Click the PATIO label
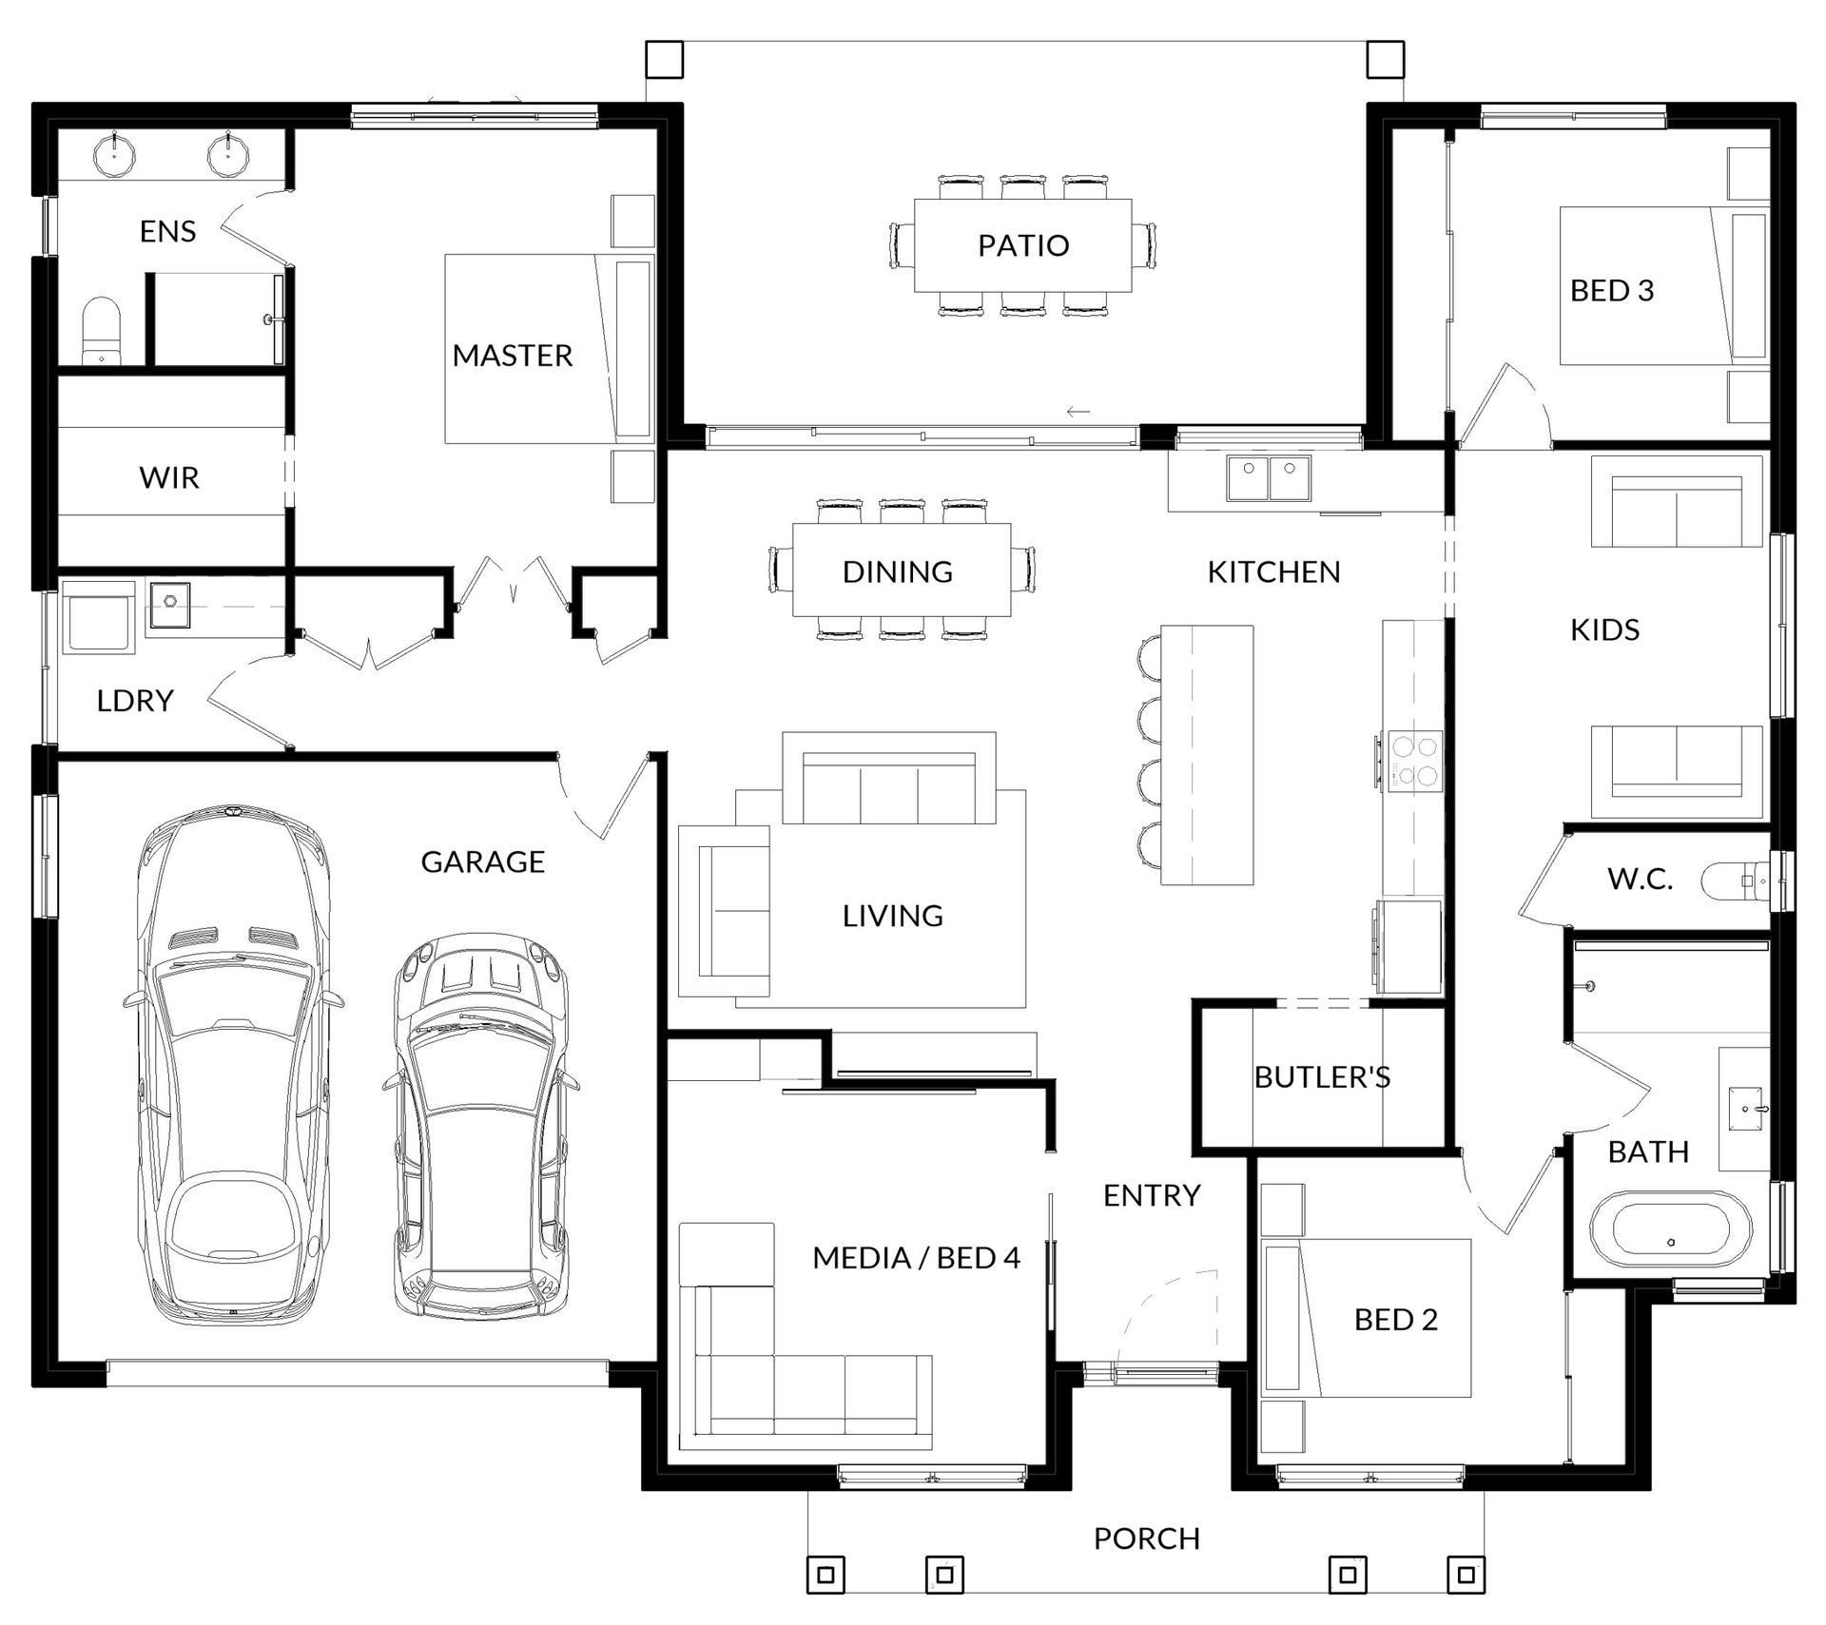click(1023, 245)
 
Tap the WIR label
click(169, 477)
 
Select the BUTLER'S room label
click(1322, 1076)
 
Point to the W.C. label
click(1640, 879)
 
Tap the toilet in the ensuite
click(101, 330)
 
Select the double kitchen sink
click(1269, 478)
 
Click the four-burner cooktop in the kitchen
click(1412, 762)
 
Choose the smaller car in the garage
click(481, 1126)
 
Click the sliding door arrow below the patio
click(1078, 412)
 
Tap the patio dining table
click(1022, 245)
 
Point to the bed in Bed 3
click(1664, 286)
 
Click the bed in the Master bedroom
click(550, 348)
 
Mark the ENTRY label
click(1152, 1195)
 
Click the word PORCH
click(1147, 1538)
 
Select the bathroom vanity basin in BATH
click(1747, 1108)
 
